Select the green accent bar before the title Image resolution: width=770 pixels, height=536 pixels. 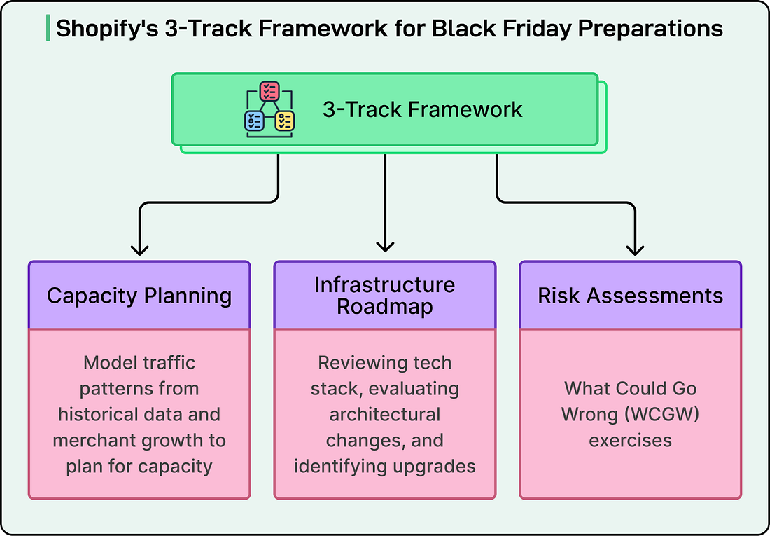click(47, 28)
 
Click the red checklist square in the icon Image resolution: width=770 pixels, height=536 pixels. click(269, 91)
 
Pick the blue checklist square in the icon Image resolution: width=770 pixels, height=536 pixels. click(253, 121)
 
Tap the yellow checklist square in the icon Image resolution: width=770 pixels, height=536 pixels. click(285, 121)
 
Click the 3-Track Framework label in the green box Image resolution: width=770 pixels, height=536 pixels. click(422, 109)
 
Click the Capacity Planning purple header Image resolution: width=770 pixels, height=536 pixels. click(139, 295)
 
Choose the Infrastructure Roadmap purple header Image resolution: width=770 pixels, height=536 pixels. click(384, 295)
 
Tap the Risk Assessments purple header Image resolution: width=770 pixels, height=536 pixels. click(630, 295)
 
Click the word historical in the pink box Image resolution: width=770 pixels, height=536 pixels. click(98, 414)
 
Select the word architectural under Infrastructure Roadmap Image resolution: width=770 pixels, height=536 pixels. click(385, 414)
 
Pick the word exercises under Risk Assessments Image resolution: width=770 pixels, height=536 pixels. click(630, 440)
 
